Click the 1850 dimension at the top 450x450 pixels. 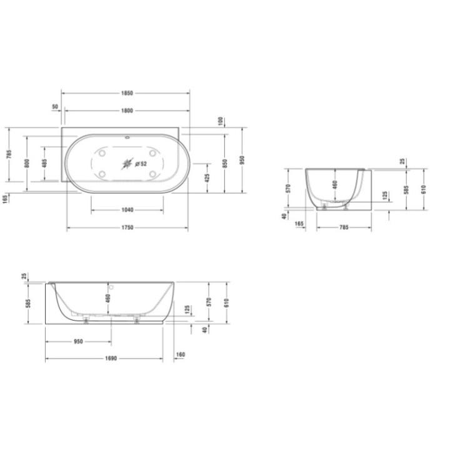click(127, 93)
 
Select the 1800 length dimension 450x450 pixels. click(127, 111)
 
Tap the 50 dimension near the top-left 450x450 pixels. click(55, 107)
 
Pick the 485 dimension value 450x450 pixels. click(44, 163)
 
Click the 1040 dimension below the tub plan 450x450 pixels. click(127, 211)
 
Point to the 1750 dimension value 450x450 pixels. click(127, 227)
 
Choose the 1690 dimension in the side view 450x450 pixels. click(110, 359)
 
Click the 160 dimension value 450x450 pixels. click(181, 354)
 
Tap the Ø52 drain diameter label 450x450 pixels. click(141, 164)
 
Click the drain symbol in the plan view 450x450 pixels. click(128, 164)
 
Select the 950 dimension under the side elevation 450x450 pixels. click(79, 342)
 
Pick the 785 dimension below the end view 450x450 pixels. click(343, 228)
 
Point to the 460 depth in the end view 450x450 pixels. click(335, 184)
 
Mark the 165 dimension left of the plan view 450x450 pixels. click(6, 199)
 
